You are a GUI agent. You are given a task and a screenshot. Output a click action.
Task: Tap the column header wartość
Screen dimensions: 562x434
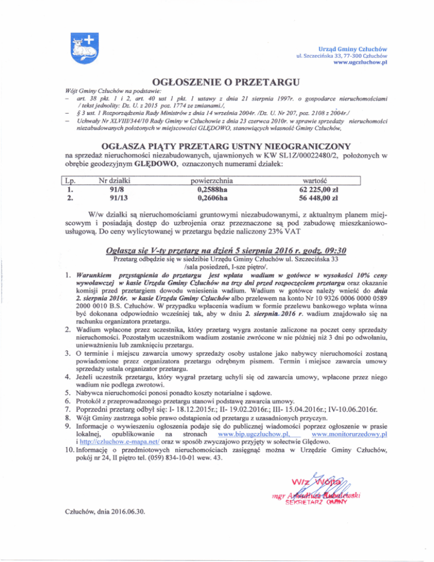click(x=320, y=181)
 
